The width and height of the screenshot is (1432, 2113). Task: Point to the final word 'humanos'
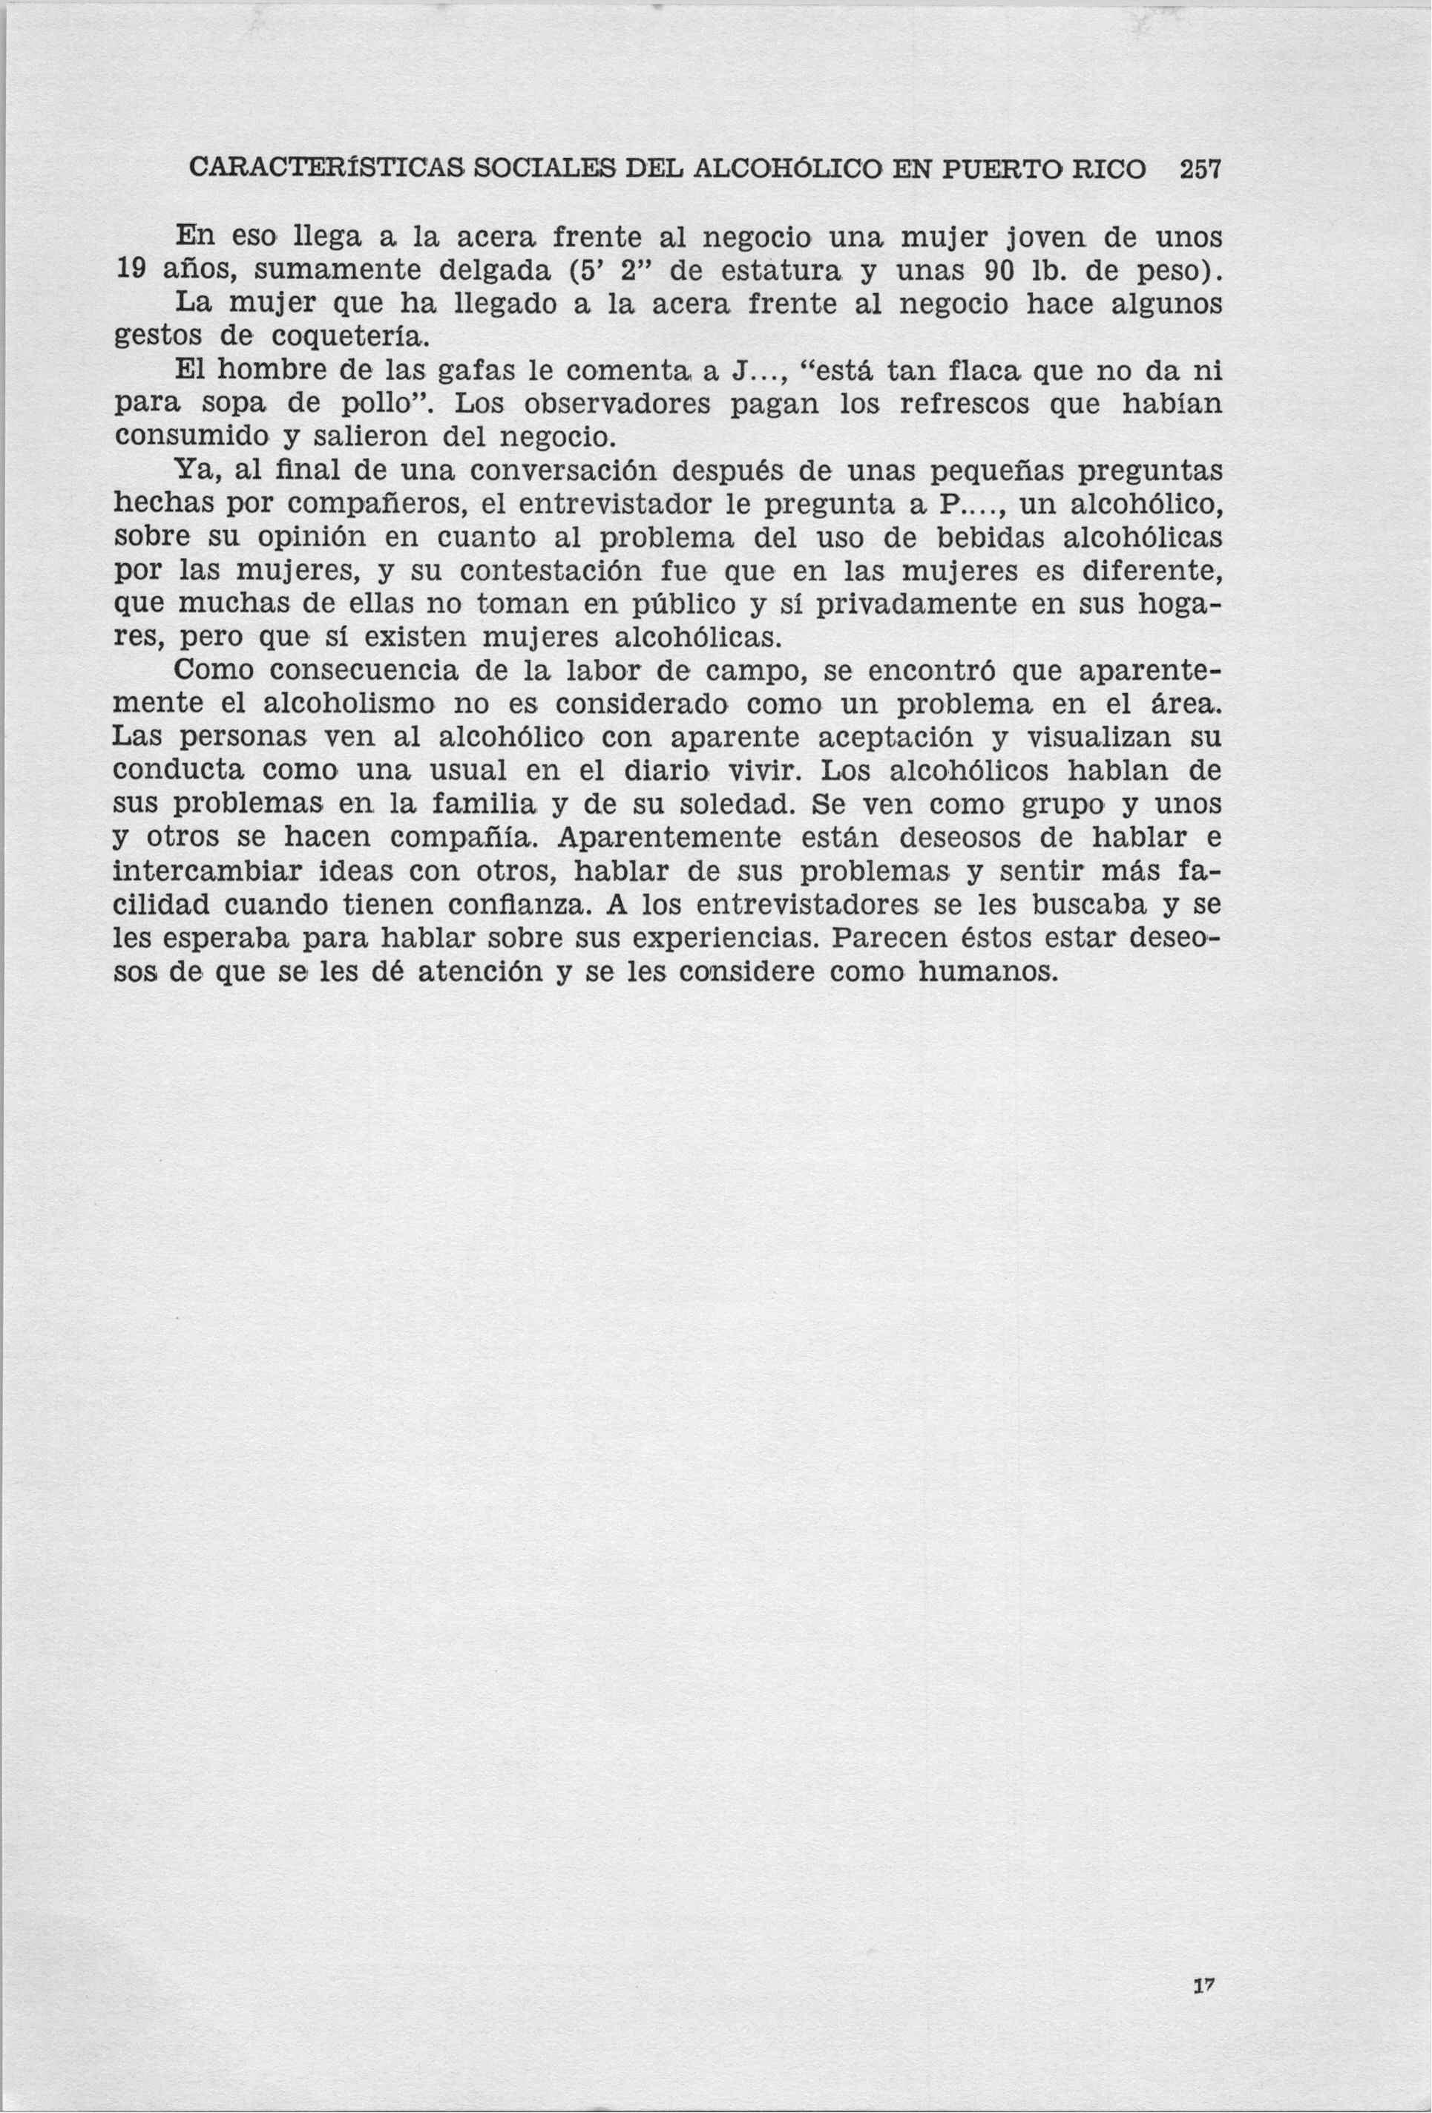[989, 973]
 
